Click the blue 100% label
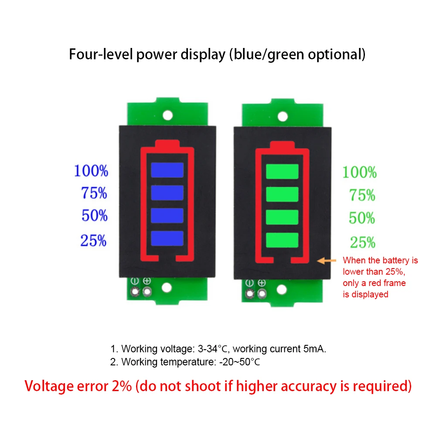pyautogui.click(x=91, y=171)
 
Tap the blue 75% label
pyautogui.click(x=94, y=193)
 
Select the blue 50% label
pyautogui.click(x=94, y=215)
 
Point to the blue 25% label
pyautogui.click(x=93, y=240)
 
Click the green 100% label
pyautogui.click(x=359, y=172)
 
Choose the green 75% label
pyautogui.click(x=362, y=196)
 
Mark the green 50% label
pyautogui.click(x=362, y=218)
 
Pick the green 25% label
pyautogui.click(x=362, y=242)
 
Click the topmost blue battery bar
pyautogui.click(x=167, y=170)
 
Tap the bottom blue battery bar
pyautogui.click(x=167, y=238)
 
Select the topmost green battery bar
pyautogui.click(x=282, y=171)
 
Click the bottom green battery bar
pyautogui.click(x=282, y=239)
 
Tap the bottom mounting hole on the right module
pyautogui.click(x=283, y=289)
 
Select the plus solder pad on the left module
pyautogui.click(x=147, y=291)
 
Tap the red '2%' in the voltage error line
pyautogui.click(x=121, y=386)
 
